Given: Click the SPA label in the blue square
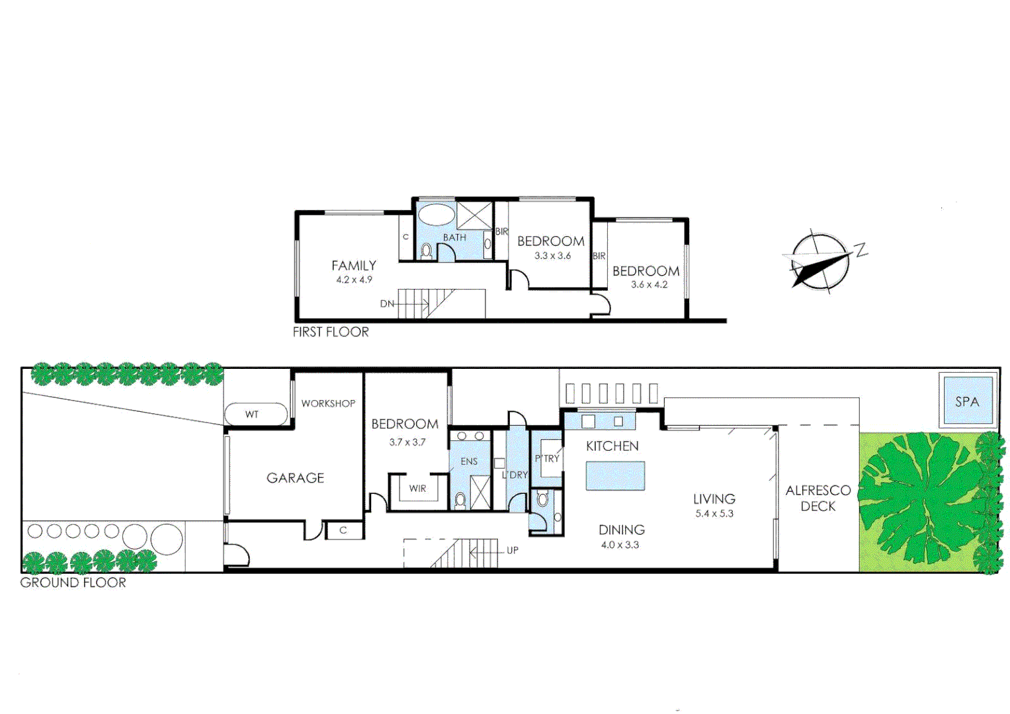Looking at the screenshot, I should tap(966, 401).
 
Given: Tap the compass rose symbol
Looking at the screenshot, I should tap(820, 262).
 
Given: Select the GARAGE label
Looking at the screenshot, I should tap(295, 478).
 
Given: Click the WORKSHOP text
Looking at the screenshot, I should tap(328, 403).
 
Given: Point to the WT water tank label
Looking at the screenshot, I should tap(252, 415).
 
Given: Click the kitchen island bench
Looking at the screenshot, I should tap(615, 476).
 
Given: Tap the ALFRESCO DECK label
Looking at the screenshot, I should tap(818, 498).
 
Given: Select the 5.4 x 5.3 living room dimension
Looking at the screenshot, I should tap(714, 514).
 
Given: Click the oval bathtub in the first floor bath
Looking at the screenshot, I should tap(436, 215).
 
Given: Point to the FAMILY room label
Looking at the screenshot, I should tap(354, 266).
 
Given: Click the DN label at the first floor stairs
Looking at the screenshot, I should tap(387, 304).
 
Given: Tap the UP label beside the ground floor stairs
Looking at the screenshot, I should tap(513, 550).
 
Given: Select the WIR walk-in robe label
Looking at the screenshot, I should tap(417, 489).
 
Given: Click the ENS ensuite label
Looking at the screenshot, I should tap(469, 461).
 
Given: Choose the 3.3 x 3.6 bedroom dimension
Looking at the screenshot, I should tap(552, 256).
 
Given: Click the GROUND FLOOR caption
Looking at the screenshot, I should tap(73, 582).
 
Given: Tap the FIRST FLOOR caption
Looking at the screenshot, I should tap(331, 332).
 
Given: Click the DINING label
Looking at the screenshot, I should tap(621, 530).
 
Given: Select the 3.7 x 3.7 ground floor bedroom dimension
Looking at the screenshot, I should tap(407, 442).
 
